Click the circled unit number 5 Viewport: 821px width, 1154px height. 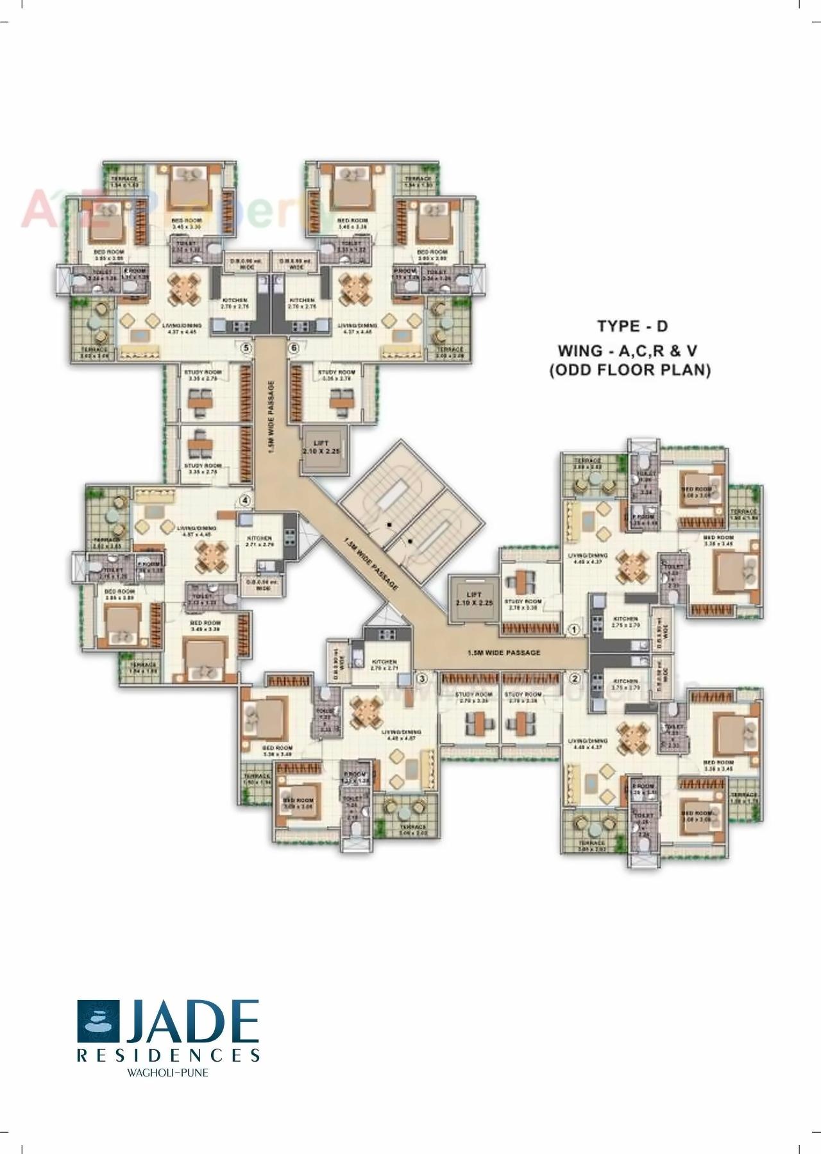tap(244, 348)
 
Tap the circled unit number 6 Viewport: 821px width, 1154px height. tap(294, 348)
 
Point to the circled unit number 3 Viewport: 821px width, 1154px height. tap(422, 677)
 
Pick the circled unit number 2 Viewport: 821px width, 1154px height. tap(575, 677)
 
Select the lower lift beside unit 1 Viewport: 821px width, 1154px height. tap(473, 599)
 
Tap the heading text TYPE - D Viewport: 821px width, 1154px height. tap(632, 326)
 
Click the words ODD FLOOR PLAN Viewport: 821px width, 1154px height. tap(630, 371)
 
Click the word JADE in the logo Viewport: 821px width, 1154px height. tap(191, 1022)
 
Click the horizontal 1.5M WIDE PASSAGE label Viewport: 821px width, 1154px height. tap(504, 652)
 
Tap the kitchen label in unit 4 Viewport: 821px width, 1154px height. tap(258, 541)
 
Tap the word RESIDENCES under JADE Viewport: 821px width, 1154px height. tap(168, 1055)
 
